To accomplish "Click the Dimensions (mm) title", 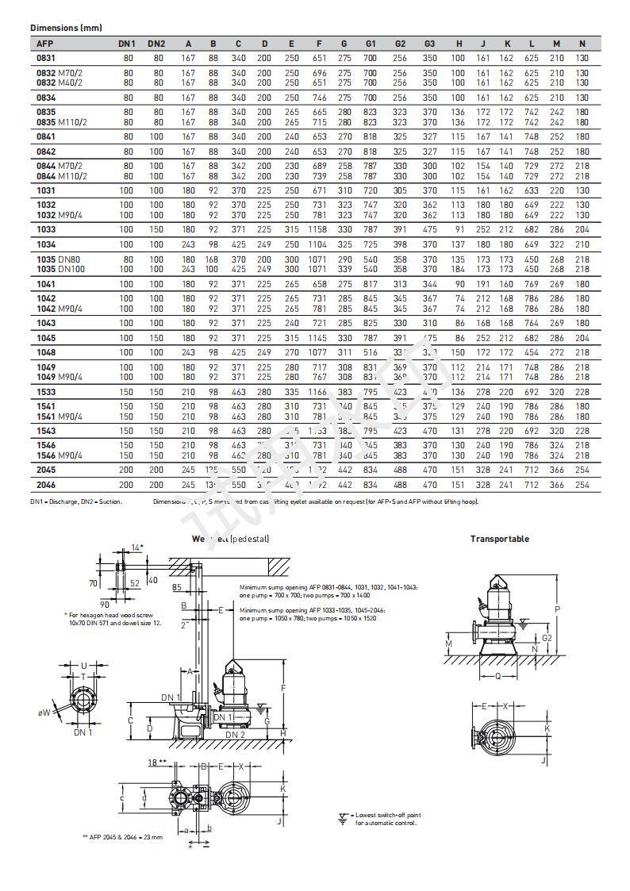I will click(65, 28).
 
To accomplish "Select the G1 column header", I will click(370, 43).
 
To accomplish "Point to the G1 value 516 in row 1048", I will click(370, 351).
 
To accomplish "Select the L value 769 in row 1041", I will click(532, 283).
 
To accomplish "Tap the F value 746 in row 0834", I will click(319, 97).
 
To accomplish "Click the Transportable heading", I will click(499, 539).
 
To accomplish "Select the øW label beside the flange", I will click(44, 713).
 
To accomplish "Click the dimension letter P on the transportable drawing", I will click(557, 610).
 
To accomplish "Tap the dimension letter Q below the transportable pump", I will click(497, 677).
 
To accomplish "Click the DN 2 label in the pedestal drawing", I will click(234, 735).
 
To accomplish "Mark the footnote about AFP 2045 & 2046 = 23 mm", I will click(122, 837).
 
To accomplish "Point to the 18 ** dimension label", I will click(156, 762).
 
